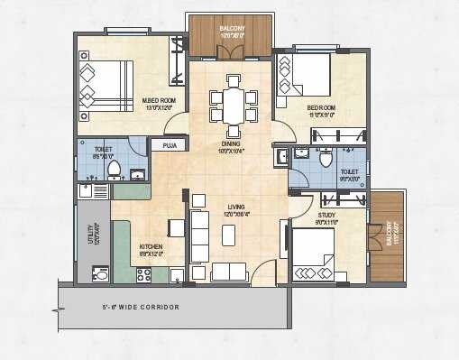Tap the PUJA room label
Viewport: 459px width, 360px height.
pyautogui.click(x=170, y=144)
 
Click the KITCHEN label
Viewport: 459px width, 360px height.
pyautogui.click(x=151, y=246)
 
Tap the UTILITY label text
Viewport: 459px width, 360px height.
pyautogui.click(x=91, y=234)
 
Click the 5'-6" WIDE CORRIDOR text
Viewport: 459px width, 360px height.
pyautogui.click(x=140, y=308)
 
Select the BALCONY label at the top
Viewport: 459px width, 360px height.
pyautogui.click(x=232, y=29)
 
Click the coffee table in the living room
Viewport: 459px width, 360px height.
pyautogui.click(x=229, y=233)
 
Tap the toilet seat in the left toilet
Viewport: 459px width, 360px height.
pyautogui.click(x=115, y=170)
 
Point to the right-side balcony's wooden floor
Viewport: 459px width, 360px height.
pyautogui.click(x=386, y=235)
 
